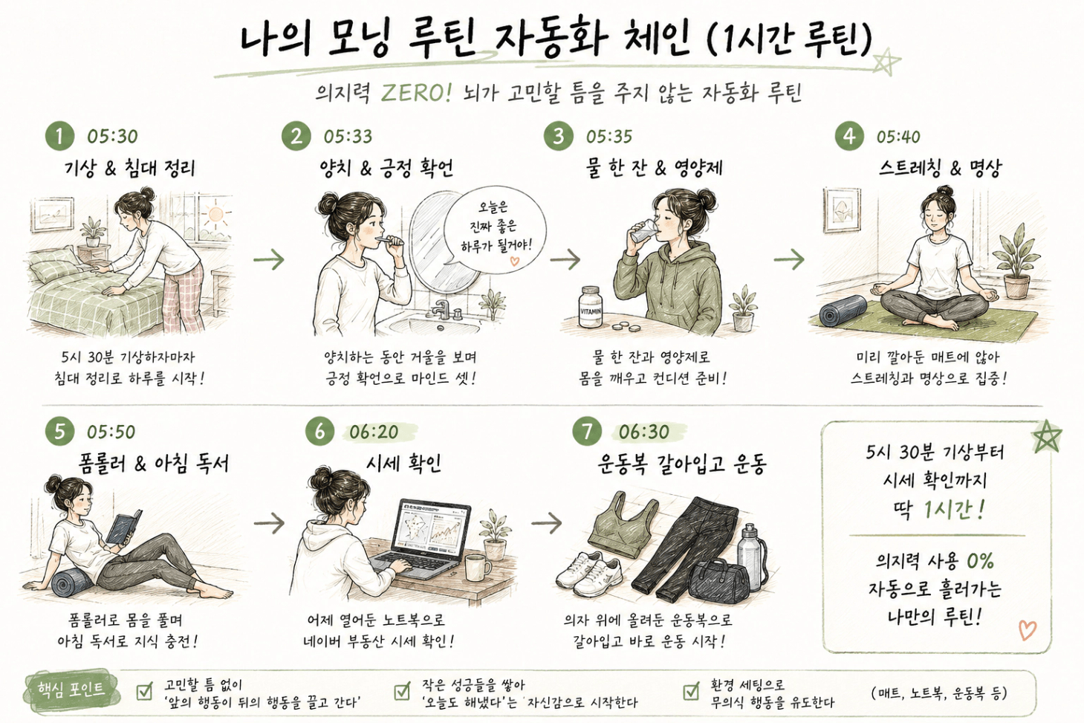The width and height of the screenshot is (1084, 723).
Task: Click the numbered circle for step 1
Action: tap(59, 136)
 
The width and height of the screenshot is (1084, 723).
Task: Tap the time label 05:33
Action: tap(348, 137)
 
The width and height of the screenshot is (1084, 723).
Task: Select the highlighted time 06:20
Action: tap(374, 432)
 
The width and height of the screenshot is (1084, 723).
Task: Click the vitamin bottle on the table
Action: tap(591, 307)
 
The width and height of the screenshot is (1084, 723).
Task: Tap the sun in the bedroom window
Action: tap(215, 213)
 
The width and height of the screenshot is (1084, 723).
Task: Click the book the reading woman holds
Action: tap(123, 527)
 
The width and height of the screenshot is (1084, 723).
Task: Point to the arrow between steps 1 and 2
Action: tap(269, 260)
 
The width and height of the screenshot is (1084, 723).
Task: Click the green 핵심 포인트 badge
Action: tap(71, 689)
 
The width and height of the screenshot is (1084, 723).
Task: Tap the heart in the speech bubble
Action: tap(514, 262)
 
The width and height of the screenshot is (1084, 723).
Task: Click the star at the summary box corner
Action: tap(1047, 436)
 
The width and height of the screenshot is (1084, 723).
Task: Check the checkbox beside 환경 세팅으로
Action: tap(691, 692)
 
